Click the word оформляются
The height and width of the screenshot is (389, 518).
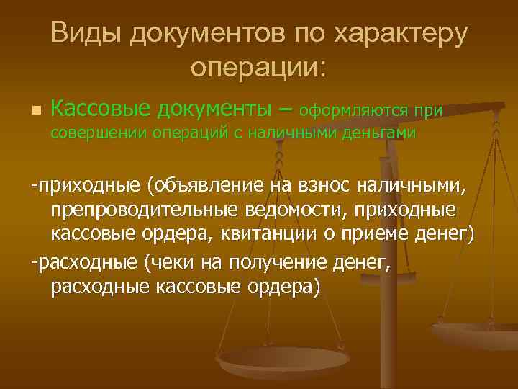(x=355, y=110)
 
